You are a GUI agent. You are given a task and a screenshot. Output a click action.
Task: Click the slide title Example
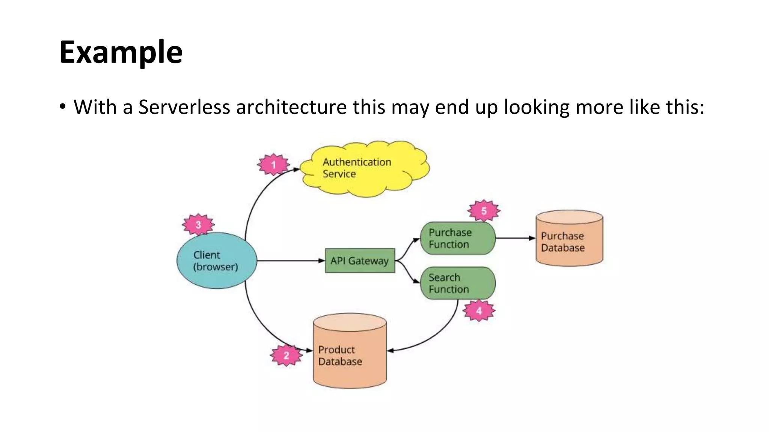[x=121, y=52]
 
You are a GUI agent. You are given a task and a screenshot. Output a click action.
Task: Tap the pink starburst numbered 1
[x=273, y=165]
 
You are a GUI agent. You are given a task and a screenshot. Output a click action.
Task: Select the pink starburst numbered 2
[x=286, y=355]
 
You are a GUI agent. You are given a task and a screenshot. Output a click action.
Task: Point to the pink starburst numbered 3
[x=198, y=225]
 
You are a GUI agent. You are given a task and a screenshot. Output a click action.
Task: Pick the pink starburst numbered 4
[x=479, y=310]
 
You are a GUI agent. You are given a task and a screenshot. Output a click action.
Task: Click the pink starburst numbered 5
[x=484, y=211]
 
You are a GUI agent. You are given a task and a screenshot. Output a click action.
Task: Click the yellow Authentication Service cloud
[x=366, y=169]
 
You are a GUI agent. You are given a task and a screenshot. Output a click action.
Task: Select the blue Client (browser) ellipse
[x=217, y=261]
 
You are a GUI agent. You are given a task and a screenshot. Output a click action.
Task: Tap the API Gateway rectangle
[x=360, y=261]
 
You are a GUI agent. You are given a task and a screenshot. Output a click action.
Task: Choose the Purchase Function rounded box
[x=457, y=238]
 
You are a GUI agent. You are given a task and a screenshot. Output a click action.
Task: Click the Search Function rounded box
[x=457, y=283]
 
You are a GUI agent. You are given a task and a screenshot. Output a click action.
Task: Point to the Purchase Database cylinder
[x=569, y=240]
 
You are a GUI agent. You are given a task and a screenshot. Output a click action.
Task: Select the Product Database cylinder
[x=350, y=352]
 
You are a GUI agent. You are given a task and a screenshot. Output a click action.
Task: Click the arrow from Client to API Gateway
[x=289, y=261]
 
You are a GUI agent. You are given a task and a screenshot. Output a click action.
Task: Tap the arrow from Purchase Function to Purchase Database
[x=514, y=238]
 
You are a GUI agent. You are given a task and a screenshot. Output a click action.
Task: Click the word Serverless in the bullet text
[x=184, y=107]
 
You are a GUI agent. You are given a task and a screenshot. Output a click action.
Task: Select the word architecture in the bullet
[x=291, y=107]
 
